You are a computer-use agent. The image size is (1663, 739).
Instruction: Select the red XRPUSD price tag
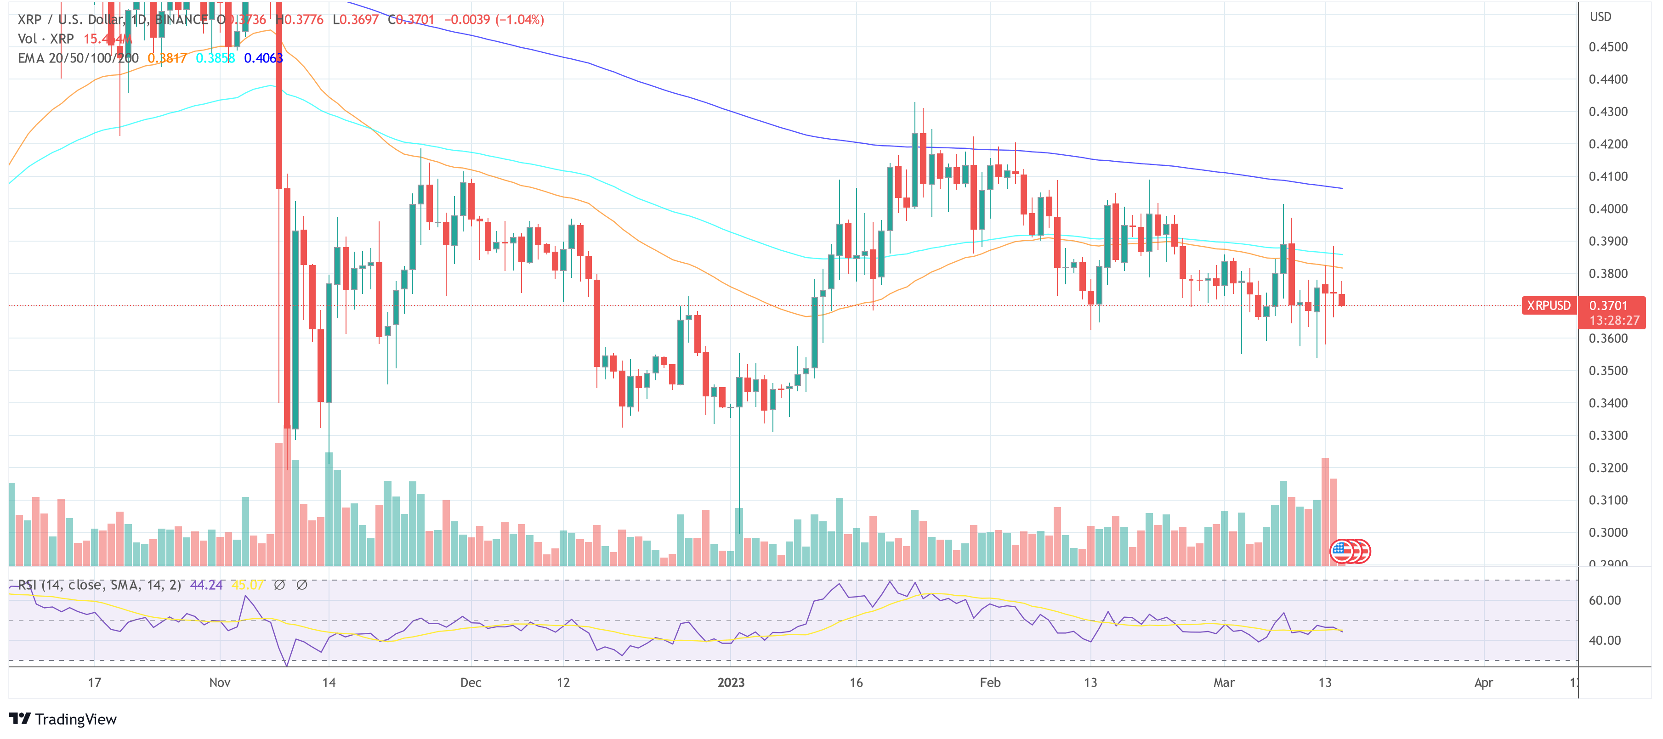1548,305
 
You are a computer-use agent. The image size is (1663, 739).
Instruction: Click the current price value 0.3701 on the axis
1608,305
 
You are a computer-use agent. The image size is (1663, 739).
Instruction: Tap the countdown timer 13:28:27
1614,321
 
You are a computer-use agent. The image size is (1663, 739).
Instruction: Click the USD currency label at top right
1601,17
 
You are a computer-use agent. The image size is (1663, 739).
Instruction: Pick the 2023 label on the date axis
731,683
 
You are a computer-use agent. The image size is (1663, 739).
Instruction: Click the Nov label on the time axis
220,683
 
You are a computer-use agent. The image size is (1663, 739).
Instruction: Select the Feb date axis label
990,683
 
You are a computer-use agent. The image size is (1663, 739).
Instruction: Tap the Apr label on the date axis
1483,683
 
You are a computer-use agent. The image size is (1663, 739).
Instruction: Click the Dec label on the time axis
471,683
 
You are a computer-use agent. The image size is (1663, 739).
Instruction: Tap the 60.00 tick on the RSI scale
1604,601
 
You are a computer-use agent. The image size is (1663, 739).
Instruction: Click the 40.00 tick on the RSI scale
1604,641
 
